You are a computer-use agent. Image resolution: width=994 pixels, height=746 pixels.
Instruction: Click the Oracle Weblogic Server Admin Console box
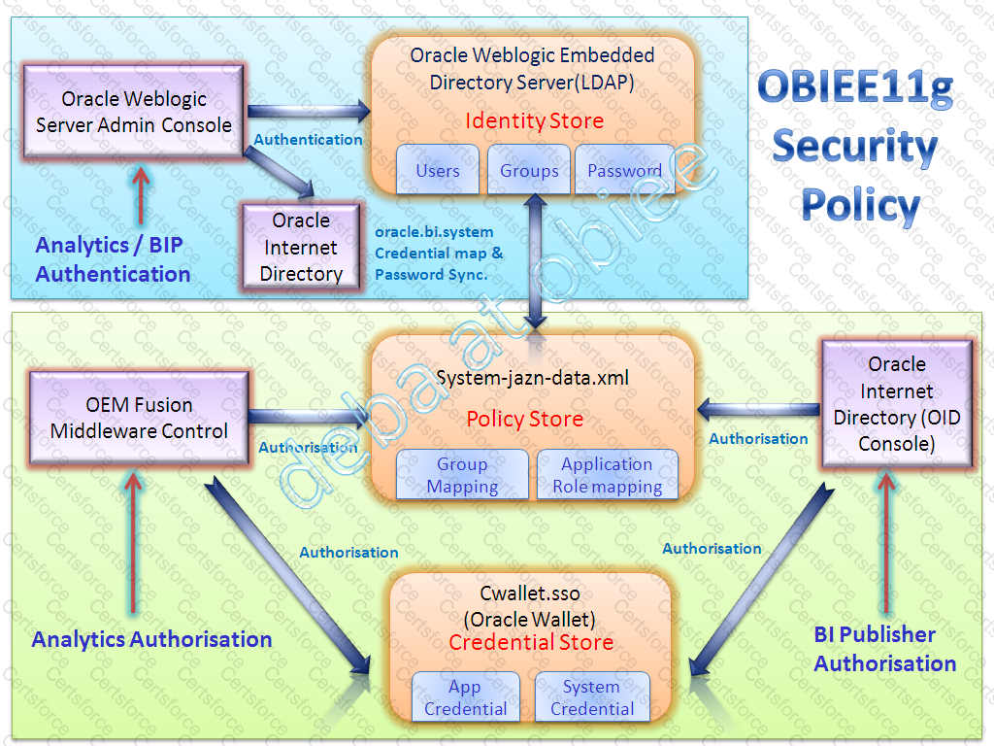pyautogui.click(x=134, y=112)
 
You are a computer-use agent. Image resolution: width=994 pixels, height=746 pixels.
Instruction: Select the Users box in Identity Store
pyautogui.click(x=437, y=170)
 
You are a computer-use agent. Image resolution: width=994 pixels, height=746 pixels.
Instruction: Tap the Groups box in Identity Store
pyautogui.click(x=529, y=170)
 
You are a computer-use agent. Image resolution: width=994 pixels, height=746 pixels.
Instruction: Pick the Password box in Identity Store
pyautogui.click(x=624, y=170)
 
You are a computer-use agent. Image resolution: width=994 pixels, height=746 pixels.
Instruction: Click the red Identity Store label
pyautogui.click(x=534, y=121)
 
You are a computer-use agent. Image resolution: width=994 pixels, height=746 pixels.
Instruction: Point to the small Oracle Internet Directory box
pyautogui.click(x=300, y=247)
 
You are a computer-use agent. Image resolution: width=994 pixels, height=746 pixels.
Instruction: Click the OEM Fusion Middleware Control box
pyautogui.click(x=139, y=418)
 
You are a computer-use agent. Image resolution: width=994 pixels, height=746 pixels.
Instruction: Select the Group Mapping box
pyautogui.click(x=462, y=475)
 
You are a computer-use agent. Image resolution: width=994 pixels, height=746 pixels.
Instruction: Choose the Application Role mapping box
pyautogui.click(x=607, y=475)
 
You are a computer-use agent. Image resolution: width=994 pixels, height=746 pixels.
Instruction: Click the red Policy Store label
pyautogui.click(x=524, y=420)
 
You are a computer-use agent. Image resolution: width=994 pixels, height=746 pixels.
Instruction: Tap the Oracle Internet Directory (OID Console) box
pyautogui.click(x=896, y=404)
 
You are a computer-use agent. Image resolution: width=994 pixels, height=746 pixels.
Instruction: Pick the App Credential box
pyautogui.click(x=465, y=697)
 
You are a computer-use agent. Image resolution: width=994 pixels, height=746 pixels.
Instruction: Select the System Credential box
pyautogui.click(x=591, y=697)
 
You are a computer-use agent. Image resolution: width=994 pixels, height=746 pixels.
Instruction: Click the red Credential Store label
pyautogui.click(x=531, y=643)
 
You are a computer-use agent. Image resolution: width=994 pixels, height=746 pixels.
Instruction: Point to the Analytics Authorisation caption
pyautogui.click(x=151, y=639)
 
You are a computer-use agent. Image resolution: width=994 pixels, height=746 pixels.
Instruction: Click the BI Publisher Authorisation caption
pyautogui.click(x=885, y=649)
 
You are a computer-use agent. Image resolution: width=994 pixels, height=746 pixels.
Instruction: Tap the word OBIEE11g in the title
pyautogui.click(x=854, y=89)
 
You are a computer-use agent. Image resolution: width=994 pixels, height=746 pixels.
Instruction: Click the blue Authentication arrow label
pyautogui.click(x=308, y=140)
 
